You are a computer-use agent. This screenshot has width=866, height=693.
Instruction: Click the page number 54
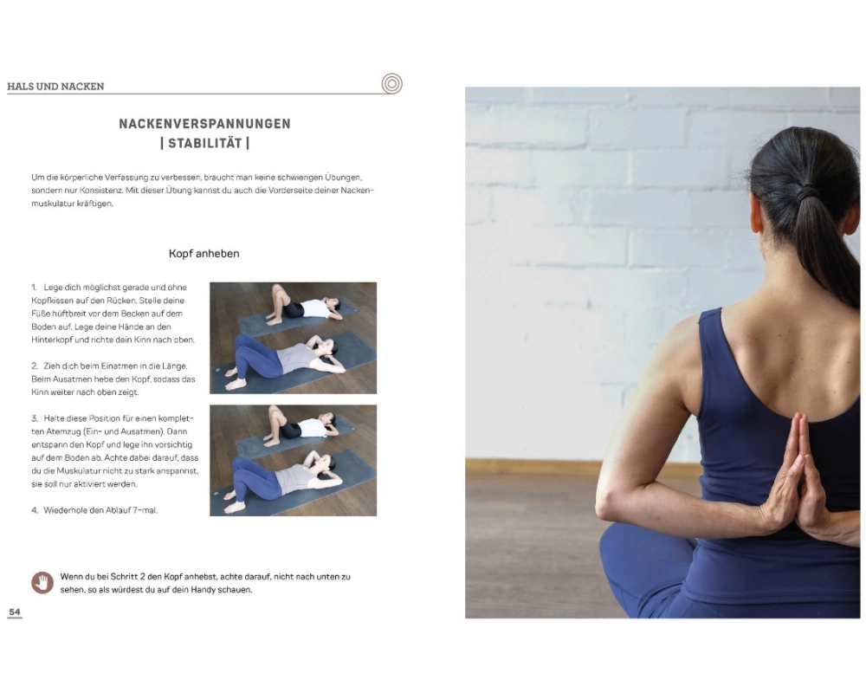[x=15, y=612]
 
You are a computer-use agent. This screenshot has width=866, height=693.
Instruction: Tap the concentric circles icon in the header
[x=391, y=84]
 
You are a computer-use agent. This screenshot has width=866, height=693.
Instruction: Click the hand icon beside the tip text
[x=42, y=582]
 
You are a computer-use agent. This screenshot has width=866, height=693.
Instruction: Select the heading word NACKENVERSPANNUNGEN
[x=205, y=124]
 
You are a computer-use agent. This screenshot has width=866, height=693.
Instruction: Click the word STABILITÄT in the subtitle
[x=205, y=144]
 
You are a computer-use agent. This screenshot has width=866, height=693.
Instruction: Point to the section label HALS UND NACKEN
[x=55, y=87]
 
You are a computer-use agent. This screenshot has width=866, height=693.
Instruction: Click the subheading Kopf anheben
[x=204, y=254]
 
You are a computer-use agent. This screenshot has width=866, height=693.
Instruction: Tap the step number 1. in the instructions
[x=35, y=288]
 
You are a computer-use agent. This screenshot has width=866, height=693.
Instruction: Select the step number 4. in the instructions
[x=35, y=510]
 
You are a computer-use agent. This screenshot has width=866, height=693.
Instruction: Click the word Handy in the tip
[x=204, y=590]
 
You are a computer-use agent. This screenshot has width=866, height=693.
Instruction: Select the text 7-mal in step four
[x=145, y=510]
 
